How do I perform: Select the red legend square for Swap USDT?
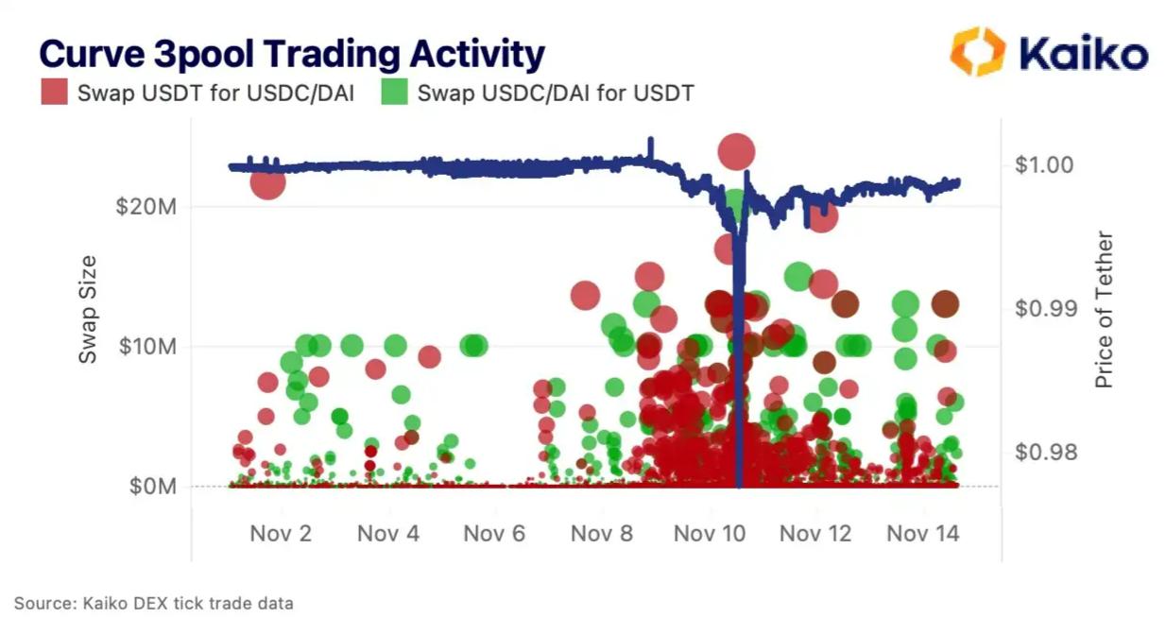[x=55, y=93]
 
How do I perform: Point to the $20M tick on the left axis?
[x=146, y=207]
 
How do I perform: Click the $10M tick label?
[x=146, y=347]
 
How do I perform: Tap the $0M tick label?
[x=151, y=487]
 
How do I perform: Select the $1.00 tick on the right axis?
[x=1043, y=164]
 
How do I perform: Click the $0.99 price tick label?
[x=1043, y=308]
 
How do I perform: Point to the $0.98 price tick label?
[x=1043, y=452]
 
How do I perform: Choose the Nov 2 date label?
[x=281, y=534]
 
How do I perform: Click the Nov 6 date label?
[x=494, y=534]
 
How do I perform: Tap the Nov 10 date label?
[x=709, y=534]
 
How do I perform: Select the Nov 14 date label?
[x=922, y=534]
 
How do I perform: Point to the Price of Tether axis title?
[x=1105, y=310]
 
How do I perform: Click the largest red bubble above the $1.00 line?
[x=736, y=151]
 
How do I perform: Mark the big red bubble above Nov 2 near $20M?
[x=267, y=181]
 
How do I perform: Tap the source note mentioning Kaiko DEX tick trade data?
[x=154, y=603]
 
